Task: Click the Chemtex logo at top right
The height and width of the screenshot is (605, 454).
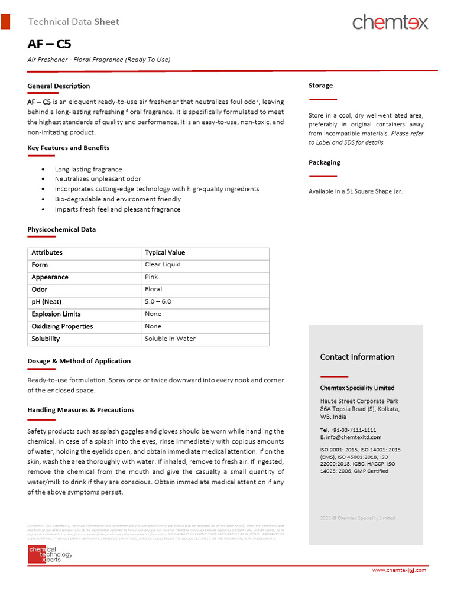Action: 390,22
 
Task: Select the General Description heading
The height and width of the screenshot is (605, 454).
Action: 59,86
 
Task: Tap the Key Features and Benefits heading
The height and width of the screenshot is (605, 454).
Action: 68,148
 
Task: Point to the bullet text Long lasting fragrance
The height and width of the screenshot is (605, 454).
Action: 88,170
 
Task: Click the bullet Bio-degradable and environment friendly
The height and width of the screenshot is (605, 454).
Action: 118,199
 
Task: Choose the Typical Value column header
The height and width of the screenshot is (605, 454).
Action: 165,253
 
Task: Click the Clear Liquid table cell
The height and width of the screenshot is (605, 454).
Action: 163,265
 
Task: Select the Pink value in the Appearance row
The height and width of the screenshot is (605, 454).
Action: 151,277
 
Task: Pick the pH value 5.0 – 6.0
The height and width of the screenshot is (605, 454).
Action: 158,302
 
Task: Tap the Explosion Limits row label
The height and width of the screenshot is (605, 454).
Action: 56,314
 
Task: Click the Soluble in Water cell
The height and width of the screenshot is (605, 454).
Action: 170,339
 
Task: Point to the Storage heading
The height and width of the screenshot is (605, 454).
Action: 320,86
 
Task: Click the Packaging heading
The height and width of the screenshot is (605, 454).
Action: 324,162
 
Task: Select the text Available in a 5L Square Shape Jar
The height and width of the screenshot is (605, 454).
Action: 355,191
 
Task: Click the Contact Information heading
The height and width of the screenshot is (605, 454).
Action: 357,357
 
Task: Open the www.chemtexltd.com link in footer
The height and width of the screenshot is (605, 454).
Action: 398,570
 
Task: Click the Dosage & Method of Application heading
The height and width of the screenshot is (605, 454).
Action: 79,361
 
